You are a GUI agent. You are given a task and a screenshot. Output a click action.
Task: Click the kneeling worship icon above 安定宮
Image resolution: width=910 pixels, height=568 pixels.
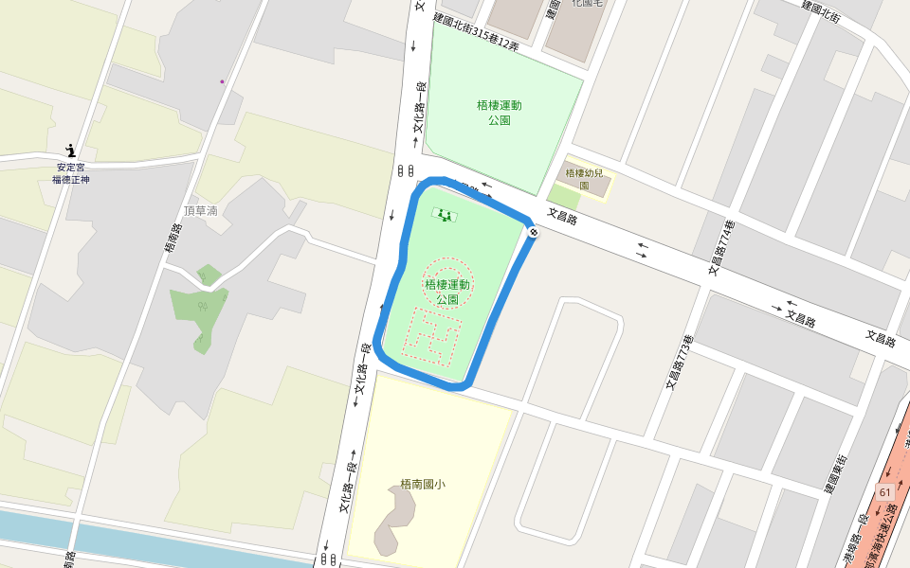pos(70,150)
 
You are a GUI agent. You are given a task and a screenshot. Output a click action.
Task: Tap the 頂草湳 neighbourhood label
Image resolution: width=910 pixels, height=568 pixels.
pos(200,210)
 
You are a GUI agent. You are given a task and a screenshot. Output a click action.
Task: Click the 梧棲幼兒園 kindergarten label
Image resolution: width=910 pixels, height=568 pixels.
pos(584,179)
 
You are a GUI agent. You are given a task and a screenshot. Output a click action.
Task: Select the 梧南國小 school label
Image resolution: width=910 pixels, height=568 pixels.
pos(423,484)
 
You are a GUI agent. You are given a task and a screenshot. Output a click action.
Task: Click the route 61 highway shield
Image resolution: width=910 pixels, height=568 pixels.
pos(885,492)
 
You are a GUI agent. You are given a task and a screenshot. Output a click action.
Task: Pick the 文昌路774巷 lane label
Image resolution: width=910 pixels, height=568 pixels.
pos(721,248)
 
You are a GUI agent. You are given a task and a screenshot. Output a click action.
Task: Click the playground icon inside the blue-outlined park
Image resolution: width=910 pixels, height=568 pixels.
pos(444,214)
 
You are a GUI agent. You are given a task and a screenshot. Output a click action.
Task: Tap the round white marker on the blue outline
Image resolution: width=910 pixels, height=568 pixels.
pos(533,232)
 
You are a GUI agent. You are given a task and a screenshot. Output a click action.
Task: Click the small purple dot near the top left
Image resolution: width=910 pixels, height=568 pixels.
pos(223,81)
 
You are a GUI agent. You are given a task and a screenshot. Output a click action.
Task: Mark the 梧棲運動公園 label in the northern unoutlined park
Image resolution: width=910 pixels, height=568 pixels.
pos(499,113)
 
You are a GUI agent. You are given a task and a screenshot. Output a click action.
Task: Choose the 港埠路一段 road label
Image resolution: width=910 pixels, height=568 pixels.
pos(856,541)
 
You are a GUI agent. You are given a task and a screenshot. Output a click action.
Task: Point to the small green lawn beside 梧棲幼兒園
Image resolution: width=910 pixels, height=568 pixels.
pos(564,197)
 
